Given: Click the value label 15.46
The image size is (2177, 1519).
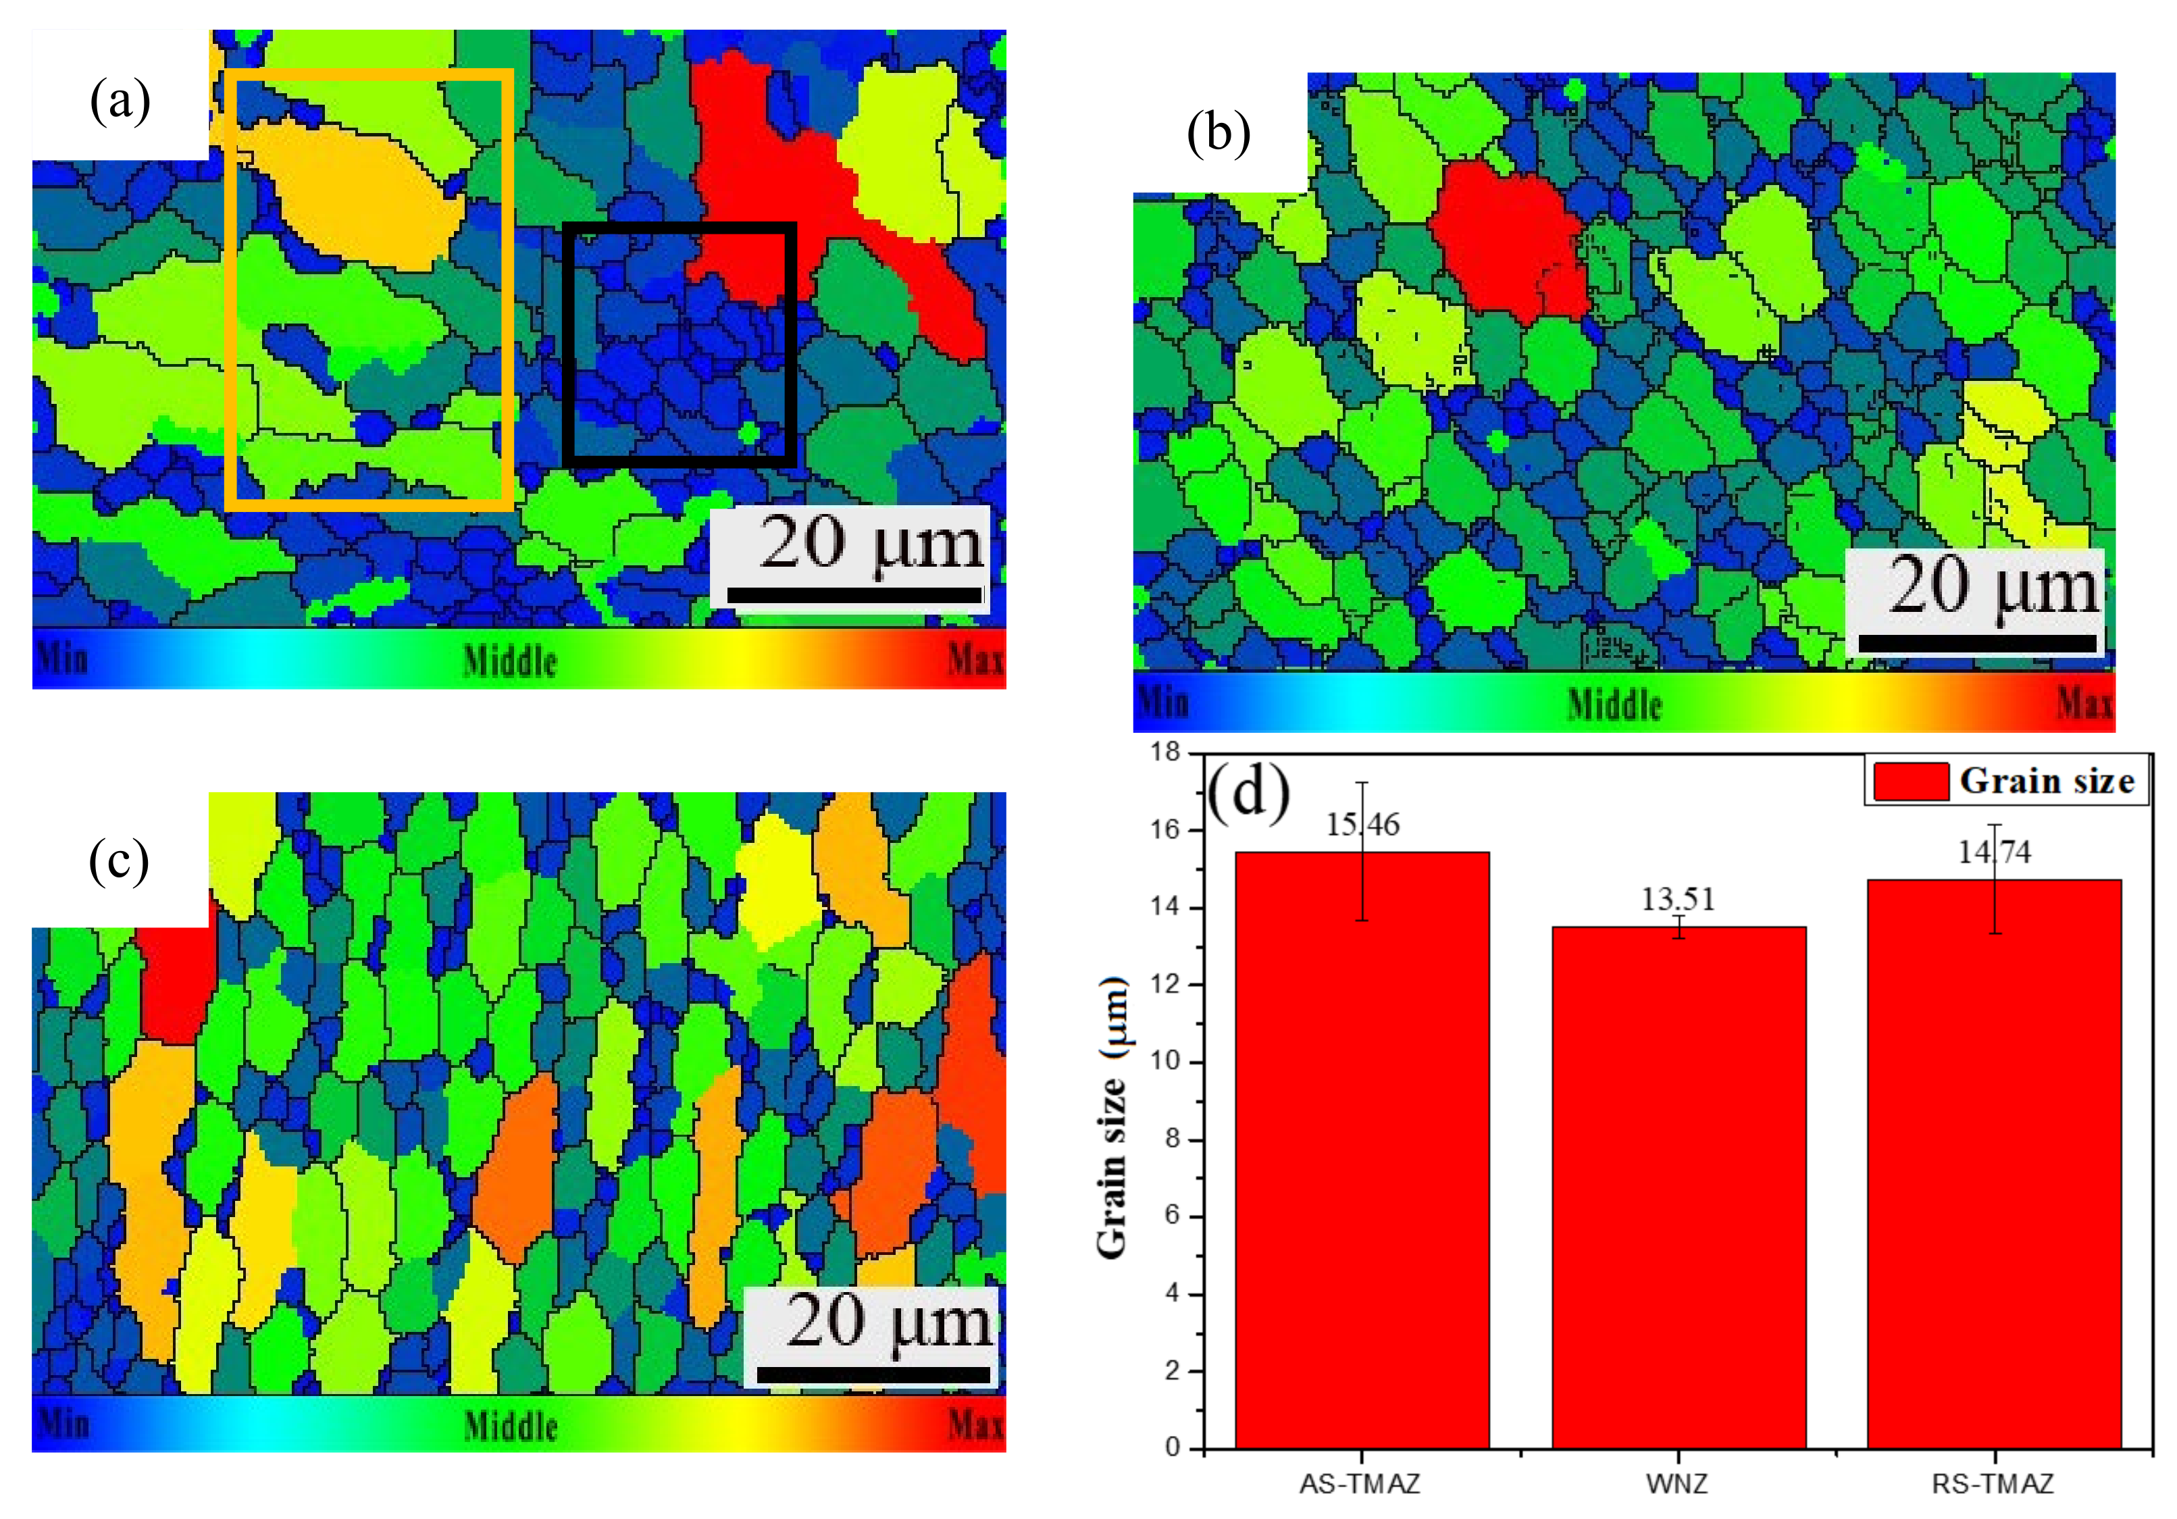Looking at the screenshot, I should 1362,825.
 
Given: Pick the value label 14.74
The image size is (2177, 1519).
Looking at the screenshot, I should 1994,852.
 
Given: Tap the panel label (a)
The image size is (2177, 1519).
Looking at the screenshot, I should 120,99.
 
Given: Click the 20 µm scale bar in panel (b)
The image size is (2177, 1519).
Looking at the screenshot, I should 1977,643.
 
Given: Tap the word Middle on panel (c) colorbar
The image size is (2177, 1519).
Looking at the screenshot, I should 510,1425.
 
